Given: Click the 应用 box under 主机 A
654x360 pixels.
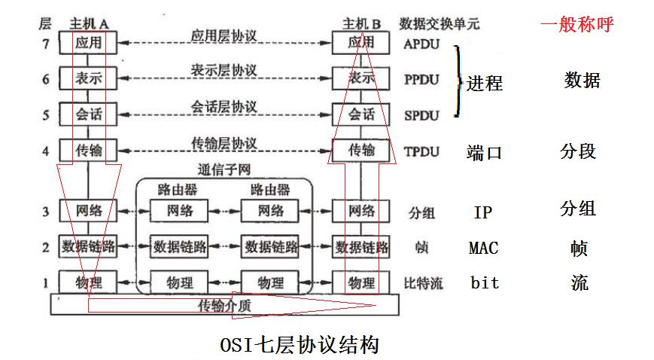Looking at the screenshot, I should point(88,44).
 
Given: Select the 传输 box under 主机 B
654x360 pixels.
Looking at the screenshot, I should point(361,151).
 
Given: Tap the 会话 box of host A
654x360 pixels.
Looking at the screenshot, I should point(88,114).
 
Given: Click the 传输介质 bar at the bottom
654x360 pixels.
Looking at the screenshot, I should point(224,305).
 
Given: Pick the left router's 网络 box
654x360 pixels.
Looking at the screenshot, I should point(180,211).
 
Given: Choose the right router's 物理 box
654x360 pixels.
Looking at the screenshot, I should point(270,283).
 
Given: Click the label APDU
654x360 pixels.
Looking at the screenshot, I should point(421,44).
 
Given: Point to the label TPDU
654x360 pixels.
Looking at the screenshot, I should point(421,151).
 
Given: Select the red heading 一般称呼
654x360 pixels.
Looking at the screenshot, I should point(577,25).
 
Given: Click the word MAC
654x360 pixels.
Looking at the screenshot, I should point(483,248).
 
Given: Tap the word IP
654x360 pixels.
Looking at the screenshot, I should point(482,212).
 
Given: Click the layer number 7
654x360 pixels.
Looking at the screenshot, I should point(46,44).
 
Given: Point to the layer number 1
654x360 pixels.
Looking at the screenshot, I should point(46,283).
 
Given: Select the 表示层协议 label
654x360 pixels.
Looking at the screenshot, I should point(224,71).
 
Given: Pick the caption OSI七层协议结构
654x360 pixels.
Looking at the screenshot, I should point(299,345).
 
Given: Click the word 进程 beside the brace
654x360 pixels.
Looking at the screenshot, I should point(485,83).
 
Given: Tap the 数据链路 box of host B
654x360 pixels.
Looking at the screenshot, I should point(362,246).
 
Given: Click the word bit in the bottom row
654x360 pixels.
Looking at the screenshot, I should point(485,283).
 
